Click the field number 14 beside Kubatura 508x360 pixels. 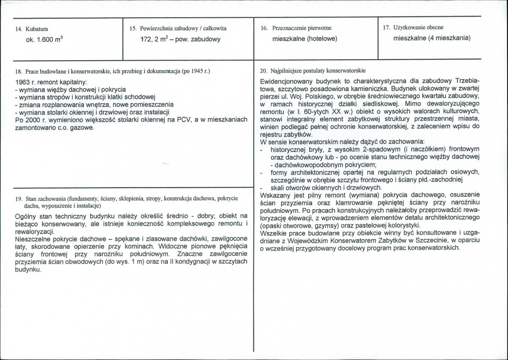point(17,29)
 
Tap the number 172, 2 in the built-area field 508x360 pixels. point(151,39)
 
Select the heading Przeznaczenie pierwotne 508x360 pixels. point(302,28)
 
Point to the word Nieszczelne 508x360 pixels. point(31,239)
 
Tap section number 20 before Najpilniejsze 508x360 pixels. point(263,70)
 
